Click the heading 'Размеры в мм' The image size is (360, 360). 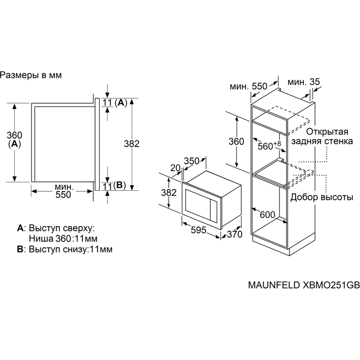(x=31, y=76)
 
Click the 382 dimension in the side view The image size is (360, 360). (x=131, y=144)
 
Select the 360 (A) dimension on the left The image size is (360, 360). (x=14, y=139)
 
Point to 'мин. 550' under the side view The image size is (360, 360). (x=63, y=190)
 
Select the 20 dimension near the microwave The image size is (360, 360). (x=175, y=168)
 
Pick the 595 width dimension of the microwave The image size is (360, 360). (x=198, y=230)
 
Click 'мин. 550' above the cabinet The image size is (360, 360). (x=248, y=86)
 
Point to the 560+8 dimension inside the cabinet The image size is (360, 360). (x=269, y=145)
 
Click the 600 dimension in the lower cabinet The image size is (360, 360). (x=267, y=215)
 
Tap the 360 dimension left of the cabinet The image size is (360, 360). (x=236, y=141)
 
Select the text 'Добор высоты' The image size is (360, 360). (x=321, y=197)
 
